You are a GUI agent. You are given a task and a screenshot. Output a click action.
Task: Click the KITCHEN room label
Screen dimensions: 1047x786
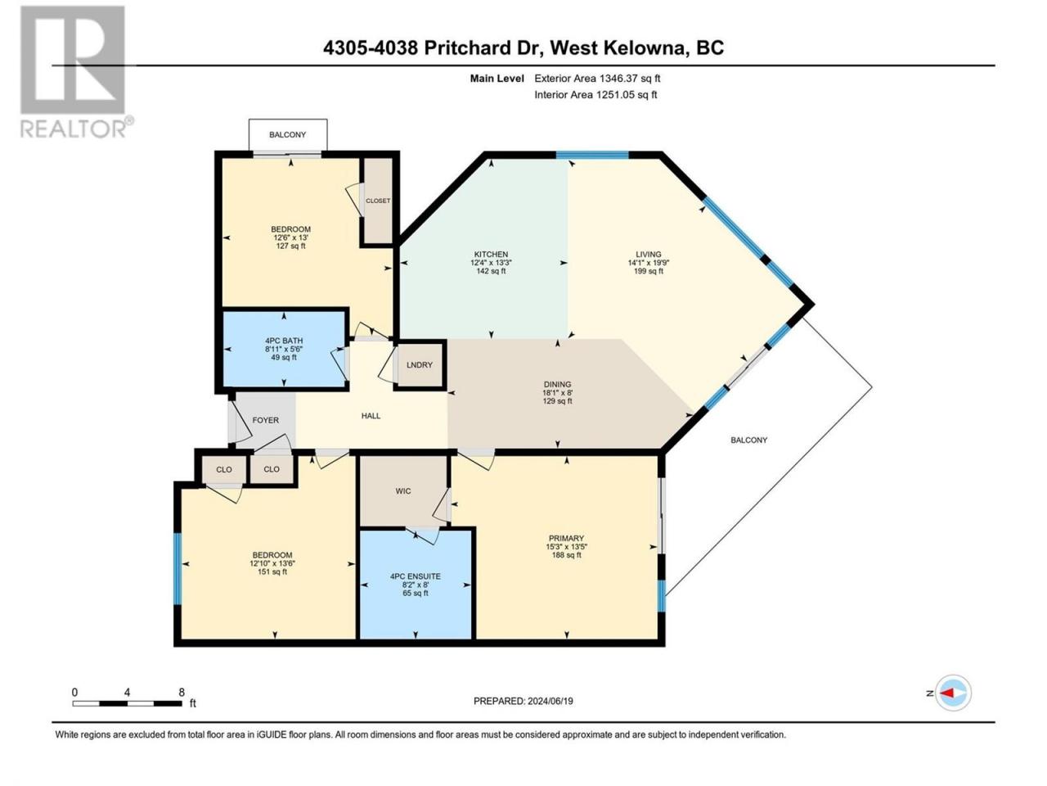(491, 255)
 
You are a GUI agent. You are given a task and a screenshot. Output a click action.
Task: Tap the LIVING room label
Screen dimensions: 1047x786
(648, 255)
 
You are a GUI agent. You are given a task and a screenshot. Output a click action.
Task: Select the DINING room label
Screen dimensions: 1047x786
(557, 384)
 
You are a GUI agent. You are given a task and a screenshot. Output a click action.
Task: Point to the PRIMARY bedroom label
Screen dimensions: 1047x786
(566, 538)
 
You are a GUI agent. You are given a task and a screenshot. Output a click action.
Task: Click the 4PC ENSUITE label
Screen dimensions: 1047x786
(416, 576)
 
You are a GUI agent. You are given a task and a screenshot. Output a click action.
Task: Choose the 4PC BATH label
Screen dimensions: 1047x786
(284, 341)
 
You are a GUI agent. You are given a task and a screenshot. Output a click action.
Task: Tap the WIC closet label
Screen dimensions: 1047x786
(403, 491)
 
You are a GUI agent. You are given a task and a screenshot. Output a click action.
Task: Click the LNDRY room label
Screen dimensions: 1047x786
(420, 365)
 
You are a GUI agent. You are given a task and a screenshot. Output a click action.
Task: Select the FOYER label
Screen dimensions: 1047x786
(266, 420)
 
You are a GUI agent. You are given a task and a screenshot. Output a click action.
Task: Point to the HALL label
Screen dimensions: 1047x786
(371, 416)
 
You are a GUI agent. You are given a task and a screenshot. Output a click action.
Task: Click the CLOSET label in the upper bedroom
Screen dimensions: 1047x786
(378, 201)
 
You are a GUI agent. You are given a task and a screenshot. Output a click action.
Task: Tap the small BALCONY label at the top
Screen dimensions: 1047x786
(288, 134)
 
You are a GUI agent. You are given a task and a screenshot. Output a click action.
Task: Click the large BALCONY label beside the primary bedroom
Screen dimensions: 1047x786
(749, 440)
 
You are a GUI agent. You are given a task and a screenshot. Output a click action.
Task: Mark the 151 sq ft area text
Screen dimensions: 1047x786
(272, 571)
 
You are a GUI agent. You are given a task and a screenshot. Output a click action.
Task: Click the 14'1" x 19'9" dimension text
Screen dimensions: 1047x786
(648, 263)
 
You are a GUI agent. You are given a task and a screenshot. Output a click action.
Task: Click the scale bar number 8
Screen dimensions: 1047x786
(182, 692)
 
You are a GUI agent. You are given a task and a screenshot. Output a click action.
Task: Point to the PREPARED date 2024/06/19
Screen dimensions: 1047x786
(550, 701)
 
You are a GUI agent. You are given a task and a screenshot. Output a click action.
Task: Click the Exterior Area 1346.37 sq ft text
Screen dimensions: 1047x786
(597, 79)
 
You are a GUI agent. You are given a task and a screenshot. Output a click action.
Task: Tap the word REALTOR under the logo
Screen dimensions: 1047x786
(73, 129)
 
